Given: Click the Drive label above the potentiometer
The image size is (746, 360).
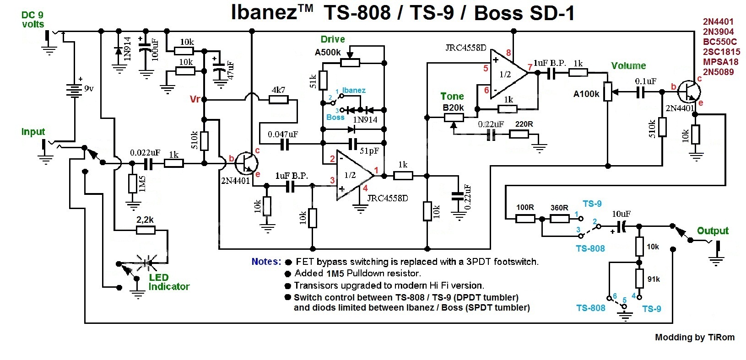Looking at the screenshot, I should [333, 39].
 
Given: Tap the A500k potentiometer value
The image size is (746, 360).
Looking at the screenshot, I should [328, 52].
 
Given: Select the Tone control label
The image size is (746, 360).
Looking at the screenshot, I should [452, 97].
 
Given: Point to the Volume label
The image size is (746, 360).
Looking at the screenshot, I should [628, 66].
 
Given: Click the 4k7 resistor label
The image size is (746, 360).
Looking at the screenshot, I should [278, 90].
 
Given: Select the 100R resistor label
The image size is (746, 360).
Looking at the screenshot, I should [525, 207].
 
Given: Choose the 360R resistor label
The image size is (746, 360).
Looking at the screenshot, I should [559, 207].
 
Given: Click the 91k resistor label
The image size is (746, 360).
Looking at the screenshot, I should [653, 279].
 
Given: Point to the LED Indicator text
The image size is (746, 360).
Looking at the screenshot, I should [168, 282].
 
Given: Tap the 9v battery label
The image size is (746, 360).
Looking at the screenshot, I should [89, 89].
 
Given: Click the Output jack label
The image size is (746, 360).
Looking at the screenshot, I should [713, 231].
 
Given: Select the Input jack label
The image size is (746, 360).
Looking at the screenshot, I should [33, 132].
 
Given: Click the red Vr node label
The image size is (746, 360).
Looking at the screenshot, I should [195, 99].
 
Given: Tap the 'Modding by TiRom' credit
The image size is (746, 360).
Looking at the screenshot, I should [694, 338].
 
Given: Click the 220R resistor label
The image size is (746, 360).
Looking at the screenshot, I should [524, 124].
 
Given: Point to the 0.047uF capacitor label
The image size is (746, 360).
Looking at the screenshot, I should [283, 134].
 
